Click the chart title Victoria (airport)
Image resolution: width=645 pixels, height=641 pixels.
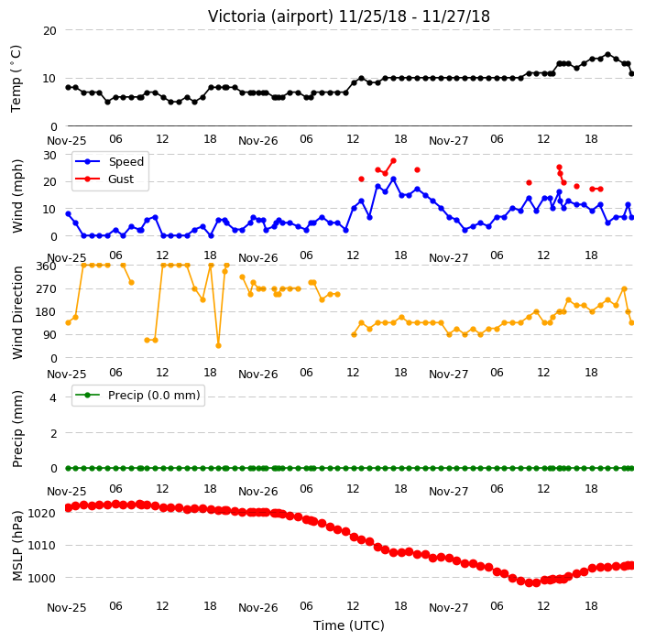point(270,16)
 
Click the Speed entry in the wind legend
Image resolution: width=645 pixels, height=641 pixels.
point(109,161)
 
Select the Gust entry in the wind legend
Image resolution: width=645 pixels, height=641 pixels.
point(104,179)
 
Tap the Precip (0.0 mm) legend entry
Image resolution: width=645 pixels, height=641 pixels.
point(137,395)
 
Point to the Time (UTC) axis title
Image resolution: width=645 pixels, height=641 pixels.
point(349,625)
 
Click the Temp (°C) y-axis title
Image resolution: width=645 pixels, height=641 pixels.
point(16,79)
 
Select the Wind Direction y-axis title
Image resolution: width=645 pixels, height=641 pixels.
point(17,312)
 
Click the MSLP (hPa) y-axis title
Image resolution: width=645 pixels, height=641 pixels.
point(17,546)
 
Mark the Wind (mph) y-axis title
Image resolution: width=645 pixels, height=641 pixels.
point(17,196)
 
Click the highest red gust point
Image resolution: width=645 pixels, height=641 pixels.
point(393,161)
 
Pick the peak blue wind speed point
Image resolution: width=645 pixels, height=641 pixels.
point(393,179)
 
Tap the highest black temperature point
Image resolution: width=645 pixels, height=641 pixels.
point(608,55)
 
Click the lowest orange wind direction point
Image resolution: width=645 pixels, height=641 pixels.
point(218,346)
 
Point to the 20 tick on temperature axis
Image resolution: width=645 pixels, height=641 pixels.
point(49,30)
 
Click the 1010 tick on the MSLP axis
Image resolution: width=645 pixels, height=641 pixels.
point(40,546)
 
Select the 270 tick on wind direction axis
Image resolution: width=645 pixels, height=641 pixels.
point(46,289)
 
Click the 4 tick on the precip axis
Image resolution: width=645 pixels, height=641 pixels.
point(53,397)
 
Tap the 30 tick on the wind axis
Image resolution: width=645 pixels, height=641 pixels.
point(49,155)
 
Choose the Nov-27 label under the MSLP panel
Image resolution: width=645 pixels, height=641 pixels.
point(448,608)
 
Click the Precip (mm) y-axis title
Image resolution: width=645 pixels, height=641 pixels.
point(17,429)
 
